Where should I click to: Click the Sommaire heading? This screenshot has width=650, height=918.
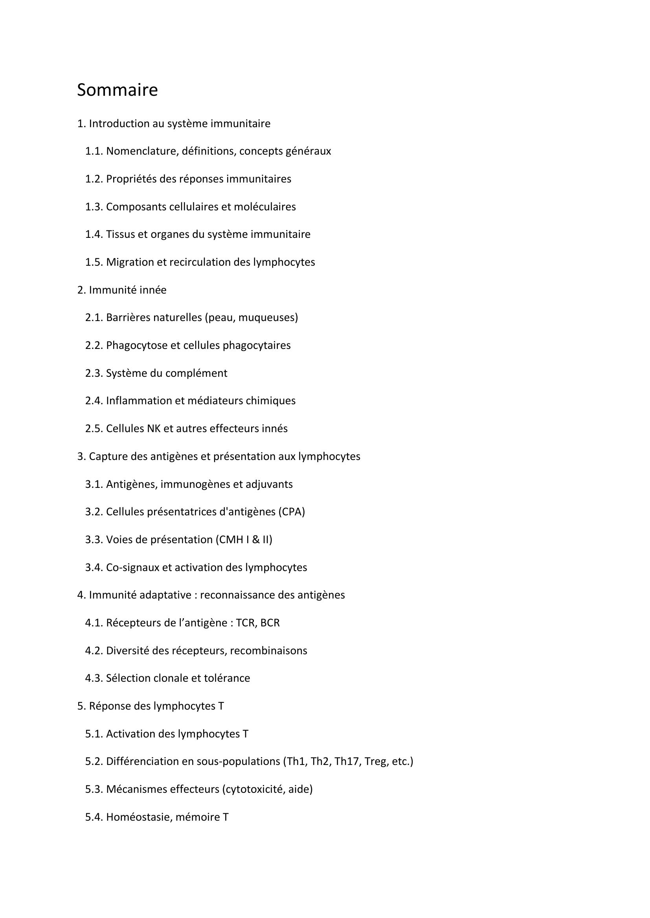point(117,90)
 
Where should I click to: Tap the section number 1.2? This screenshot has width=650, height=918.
point(94,179)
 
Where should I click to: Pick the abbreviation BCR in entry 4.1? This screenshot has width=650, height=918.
point(270,623)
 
